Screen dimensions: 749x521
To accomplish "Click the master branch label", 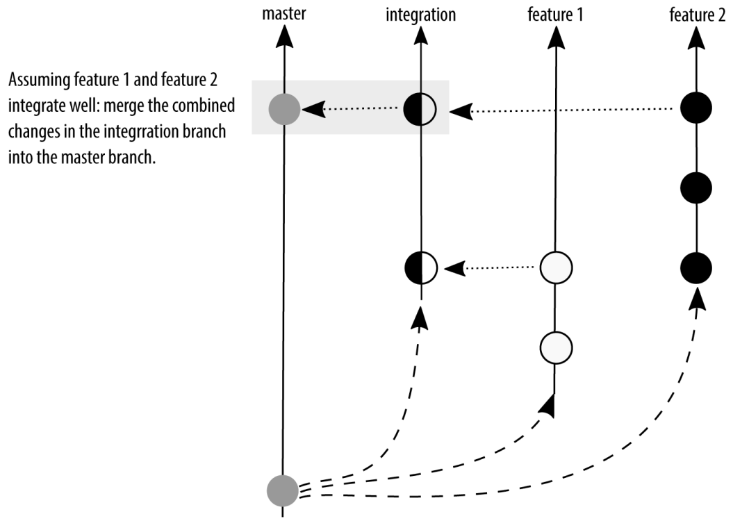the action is tap(283, 13).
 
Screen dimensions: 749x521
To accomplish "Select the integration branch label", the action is tap(420, 15).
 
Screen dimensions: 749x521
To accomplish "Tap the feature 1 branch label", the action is tap(555, 15).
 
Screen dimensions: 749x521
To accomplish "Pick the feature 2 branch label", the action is tap(697, 15).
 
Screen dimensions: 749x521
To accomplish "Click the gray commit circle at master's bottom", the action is tap(283, 490).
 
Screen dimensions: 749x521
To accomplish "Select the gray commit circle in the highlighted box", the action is tap(285, 109).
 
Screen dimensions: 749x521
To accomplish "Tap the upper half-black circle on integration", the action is tap(420, 109).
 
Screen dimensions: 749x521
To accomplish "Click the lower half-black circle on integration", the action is tap(421, 268).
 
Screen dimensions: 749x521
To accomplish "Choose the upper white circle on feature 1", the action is tap(556, 268).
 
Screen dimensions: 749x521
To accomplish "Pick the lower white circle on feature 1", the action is tap(556, 347).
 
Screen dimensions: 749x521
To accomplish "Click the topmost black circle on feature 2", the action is tap(696, 108).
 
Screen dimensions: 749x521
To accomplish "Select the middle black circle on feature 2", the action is tap(696, 188).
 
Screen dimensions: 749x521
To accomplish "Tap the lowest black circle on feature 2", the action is tap(696, 268).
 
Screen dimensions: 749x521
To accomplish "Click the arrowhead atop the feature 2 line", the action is tap(696, 38).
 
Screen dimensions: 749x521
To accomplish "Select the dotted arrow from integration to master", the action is tap(350, 109).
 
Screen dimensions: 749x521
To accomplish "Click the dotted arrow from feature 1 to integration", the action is tap(489, 267).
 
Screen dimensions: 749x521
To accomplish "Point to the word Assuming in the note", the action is tap(33, 80).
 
